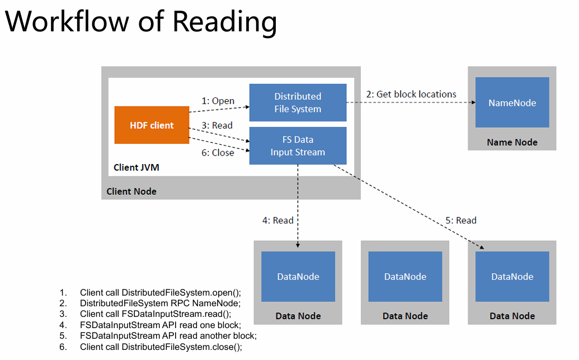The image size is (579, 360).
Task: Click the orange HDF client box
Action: coord(152,125)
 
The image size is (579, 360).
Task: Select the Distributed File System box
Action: coord(298,102)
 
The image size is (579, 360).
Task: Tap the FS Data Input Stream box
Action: coord(298,146)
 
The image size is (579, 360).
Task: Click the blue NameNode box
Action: coord(512,102)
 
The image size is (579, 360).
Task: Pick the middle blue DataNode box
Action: coord(405,277)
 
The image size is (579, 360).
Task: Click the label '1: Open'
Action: coord(218,101)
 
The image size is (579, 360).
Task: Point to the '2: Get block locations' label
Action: coord(411,94)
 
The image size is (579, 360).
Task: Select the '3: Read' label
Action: coord(217,125)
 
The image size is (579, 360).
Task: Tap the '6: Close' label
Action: coord(218,153)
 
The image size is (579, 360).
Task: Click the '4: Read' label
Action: coord(277,220)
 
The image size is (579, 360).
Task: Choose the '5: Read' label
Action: coord(461,220)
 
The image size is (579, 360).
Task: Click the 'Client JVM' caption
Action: coord(136,167)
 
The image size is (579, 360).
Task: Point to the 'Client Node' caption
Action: coord(131,191)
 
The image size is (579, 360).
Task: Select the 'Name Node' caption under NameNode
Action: coord(512,142)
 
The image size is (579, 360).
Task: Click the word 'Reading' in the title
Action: coord(224,22)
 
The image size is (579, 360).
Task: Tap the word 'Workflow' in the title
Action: coord(67,21)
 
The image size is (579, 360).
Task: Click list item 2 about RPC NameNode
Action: coord(150,303)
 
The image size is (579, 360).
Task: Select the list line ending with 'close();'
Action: coord(150,347)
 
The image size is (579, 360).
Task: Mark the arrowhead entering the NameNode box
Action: coord(473,102)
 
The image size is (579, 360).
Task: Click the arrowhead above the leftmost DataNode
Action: coord(298,245)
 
